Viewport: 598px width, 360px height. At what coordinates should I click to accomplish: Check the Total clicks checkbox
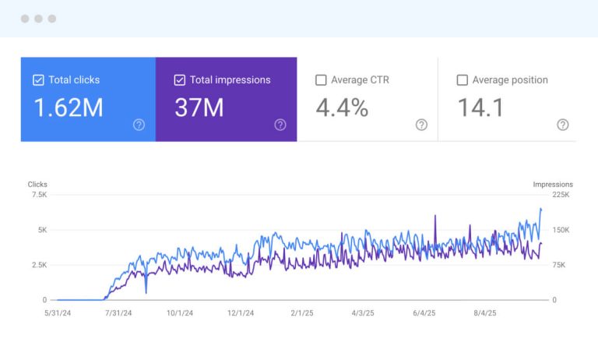point(38,79)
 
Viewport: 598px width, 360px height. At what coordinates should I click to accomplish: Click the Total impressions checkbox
point(180,79)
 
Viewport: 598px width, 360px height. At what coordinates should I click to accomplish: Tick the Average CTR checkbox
point(321,79)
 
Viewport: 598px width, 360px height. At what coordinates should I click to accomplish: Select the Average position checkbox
point(463,79)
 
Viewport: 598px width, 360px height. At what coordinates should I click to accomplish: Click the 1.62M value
point(69,108)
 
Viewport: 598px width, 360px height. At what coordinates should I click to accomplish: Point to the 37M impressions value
point(199,108)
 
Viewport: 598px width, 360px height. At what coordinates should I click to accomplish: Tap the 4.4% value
point(342,108)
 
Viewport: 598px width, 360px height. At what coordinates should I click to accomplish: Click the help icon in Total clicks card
point(139,125)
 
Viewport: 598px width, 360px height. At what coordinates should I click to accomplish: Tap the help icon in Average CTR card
point(421,125)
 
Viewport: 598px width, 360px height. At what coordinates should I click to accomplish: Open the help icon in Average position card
point(563,125)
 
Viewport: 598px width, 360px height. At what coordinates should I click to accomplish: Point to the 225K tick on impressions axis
point(563,195)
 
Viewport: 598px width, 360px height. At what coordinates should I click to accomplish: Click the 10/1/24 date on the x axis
point(178,313)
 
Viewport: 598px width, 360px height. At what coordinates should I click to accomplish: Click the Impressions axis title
point(553,185)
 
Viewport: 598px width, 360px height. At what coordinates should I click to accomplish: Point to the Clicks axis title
point(37,185)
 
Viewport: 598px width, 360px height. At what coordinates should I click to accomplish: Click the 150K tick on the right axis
point(563,230)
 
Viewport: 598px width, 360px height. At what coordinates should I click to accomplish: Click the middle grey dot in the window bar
point(38,19)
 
